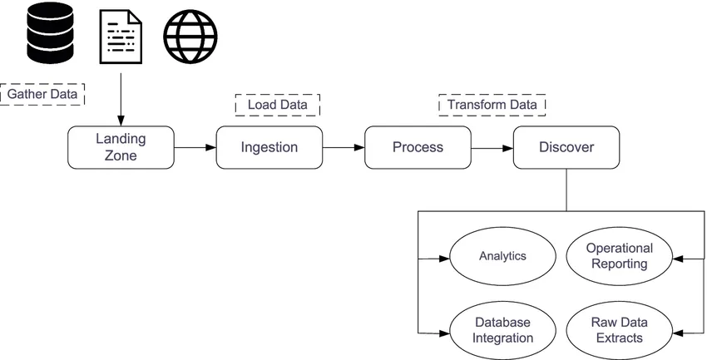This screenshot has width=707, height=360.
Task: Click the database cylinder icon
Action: (52, 34)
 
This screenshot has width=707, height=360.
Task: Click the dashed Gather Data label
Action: (42, 94)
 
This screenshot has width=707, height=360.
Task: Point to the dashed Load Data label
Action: (278, 105)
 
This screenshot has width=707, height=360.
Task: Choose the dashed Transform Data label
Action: (492, 105)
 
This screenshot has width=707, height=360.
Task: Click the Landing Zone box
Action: (121, 147)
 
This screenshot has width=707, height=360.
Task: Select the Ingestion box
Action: (269, 147)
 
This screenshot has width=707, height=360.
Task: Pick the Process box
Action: (418, 147)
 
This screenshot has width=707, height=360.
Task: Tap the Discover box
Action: (566, 147)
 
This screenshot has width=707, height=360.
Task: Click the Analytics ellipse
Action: (502, 256)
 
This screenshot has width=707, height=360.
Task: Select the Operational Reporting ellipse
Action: (619, 256)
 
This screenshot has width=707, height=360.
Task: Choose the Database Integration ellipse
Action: (502, 330)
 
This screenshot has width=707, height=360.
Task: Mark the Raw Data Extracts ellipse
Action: (619, 330)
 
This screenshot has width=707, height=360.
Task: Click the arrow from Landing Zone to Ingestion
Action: (195, 148)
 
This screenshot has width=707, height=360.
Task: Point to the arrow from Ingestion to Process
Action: (344, 148)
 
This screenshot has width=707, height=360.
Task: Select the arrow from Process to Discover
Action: (492, 148)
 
